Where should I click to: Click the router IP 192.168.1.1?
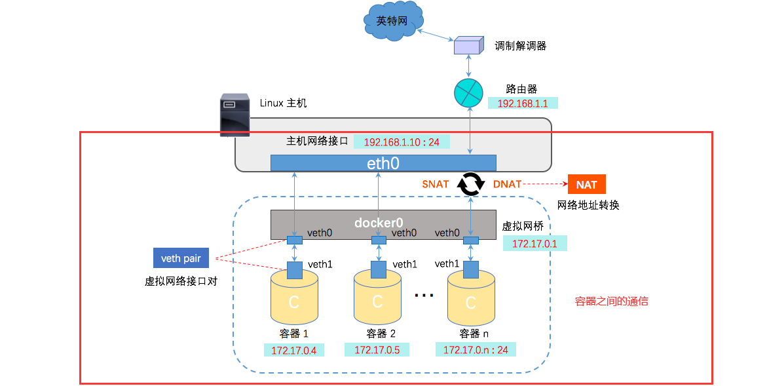[522, 103]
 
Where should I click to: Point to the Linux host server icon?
[234, 115]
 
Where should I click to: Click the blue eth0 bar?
[383, 163]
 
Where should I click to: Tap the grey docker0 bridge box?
[383, 224]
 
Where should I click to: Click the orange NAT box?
[586, 185]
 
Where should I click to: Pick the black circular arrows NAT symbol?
[470, 185]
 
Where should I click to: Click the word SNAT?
[435, 184]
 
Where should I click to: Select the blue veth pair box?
[181, 258]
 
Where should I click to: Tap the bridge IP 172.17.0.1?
[535, 244]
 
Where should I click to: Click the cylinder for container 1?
[294, 300]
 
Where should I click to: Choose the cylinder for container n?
[470, 300]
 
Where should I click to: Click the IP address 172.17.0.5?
[377, 350]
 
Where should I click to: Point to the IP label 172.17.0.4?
[294, 350]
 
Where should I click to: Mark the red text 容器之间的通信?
[611, 301]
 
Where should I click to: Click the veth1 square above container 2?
[378, 269]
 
